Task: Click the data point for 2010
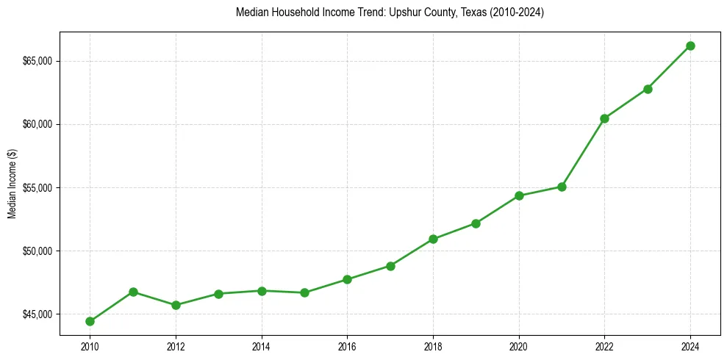(90, 321)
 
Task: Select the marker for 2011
(133, 292)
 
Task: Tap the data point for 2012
(176, 305)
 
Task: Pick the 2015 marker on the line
(304, 292)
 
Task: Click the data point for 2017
(390, 266)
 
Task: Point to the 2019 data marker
(476, 223)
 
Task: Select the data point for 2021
(562, 187)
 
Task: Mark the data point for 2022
(604, 118)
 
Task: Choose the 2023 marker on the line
(648, 89)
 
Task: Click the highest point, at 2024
(690, 46)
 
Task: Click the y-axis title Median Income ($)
(12, 187)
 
